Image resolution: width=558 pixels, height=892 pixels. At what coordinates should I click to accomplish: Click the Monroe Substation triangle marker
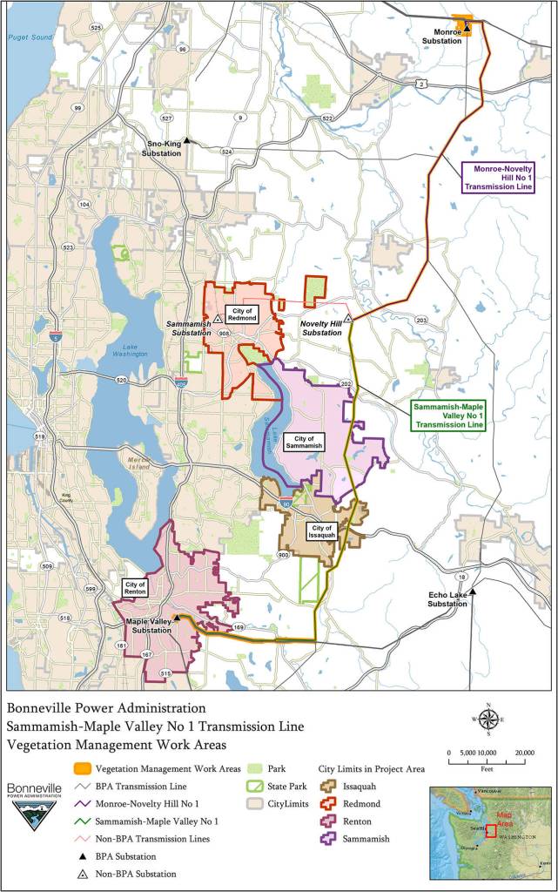[x=467, y=28]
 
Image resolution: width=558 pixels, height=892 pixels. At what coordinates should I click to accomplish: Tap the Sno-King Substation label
[x=162, y=149]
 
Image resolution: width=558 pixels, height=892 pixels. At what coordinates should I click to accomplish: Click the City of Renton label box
[x=135, y=588]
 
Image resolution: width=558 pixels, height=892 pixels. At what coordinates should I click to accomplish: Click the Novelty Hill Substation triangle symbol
[x=347, y=318]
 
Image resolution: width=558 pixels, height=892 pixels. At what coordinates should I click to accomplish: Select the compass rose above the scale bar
[x=489, y=720]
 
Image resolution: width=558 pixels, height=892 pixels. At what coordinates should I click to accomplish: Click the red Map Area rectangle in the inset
[x=490, y=830]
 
